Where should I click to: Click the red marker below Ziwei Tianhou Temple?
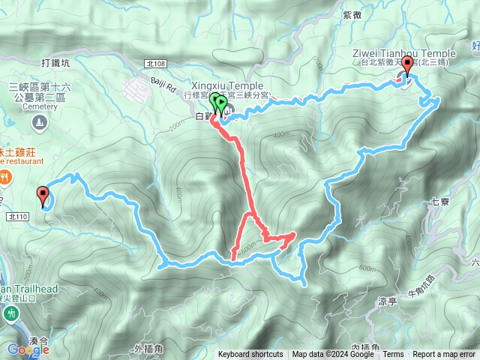pos(407,67)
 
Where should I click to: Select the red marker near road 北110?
pos(42,196)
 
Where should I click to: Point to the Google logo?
pos(28,349)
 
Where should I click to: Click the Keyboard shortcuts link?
pos(250,355)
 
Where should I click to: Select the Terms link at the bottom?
pos(393,355)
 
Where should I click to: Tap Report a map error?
pos(444,355)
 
